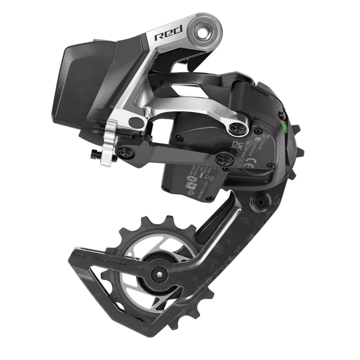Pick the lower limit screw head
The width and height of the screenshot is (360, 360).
coord(95,154)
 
